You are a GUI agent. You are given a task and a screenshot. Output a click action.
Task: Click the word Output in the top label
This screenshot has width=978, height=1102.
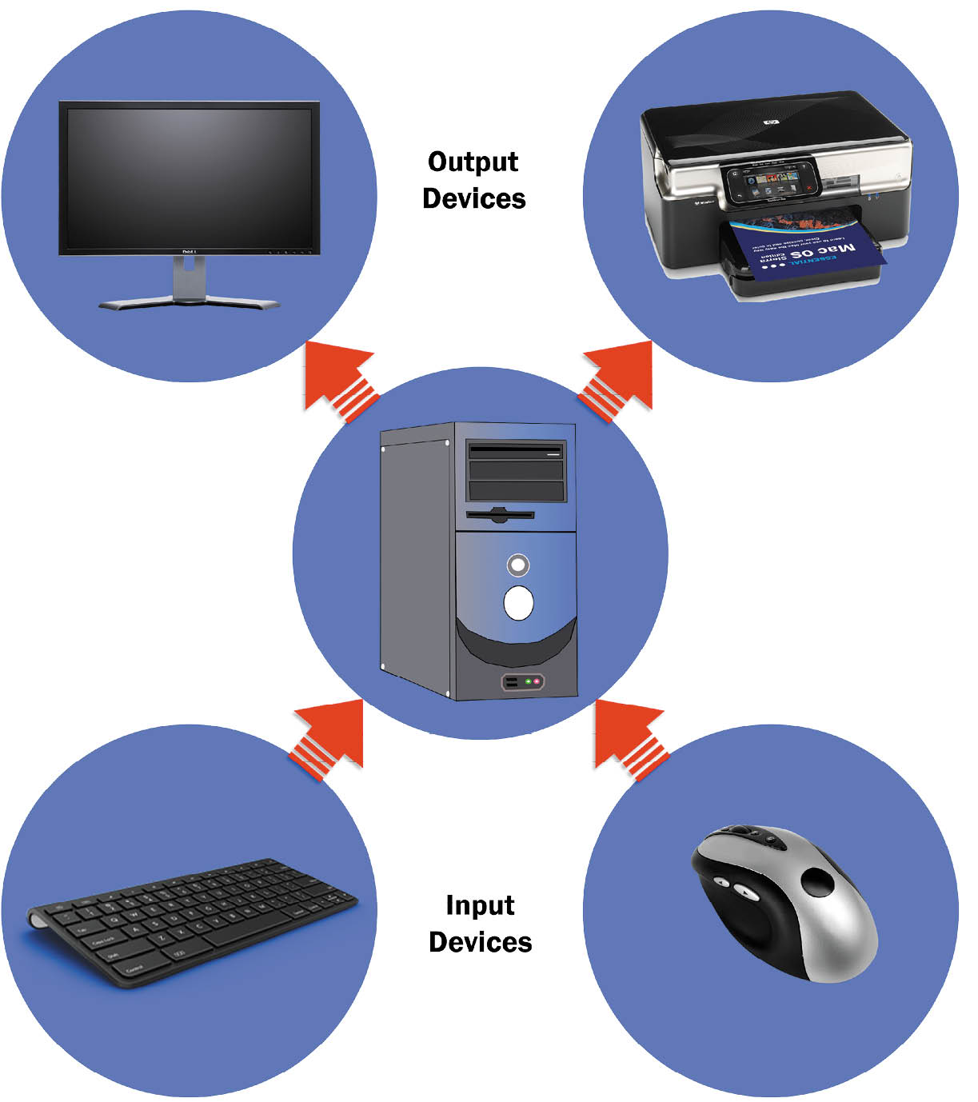point(473,162)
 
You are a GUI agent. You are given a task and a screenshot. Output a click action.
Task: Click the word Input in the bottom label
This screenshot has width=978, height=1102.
point(480,905)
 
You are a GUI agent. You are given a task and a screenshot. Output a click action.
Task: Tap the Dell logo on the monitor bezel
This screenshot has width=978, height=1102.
point(190,253)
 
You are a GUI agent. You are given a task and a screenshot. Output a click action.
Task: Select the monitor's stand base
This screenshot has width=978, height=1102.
point(190,303)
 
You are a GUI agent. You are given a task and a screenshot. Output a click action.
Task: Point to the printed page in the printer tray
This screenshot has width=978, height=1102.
point(808,247)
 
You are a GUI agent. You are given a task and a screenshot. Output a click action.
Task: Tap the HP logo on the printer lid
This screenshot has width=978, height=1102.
point(772,122)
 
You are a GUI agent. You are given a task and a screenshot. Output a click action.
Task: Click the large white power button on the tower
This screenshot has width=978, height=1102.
point(518,602)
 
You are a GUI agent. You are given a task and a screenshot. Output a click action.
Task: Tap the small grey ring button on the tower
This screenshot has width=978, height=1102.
point(518,565)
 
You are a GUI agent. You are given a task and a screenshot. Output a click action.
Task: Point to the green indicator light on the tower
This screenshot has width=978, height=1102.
point(528,681)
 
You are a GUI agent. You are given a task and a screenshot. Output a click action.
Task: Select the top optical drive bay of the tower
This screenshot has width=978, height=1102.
point(516,451)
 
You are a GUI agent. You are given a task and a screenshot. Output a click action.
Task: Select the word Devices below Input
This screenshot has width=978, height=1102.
point(480,942)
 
